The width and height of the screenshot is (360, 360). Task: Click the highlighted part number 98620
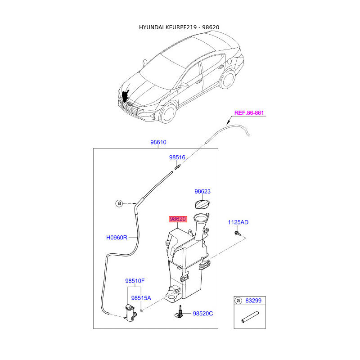(177, 219)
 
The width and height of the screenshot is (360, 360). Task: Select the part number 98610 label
(158, 142)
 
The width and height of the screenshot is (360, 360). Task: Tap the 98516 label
(177, 158)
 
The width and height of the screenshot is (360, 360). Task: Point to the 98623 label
(202, 192)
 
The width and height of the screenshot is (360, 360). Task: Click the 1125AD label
(238, 222)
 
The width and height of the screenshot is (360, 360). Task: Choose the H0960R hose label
(117, 237)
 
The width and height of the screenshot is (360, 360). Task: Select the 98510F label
(135, 281)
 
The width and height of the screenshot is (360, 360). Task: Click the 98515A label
(141, 298)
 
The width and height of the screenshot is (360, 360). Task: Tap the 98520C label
(203, 313)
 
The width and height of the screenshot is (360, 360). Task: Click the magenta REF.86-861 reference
(249, 113)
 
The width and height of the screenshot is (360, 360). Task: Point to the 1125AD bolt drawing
(238, 234)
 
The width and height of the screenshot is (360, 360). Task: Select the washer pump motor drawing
(130, 312)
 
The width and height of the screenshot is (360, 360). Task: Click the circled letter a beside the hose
(119, 203)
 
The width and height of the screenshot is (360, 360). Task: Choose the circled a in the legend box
(238, 300)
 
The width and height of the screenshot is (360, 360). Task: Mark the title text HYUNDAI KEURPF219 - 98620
(179, 27)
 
